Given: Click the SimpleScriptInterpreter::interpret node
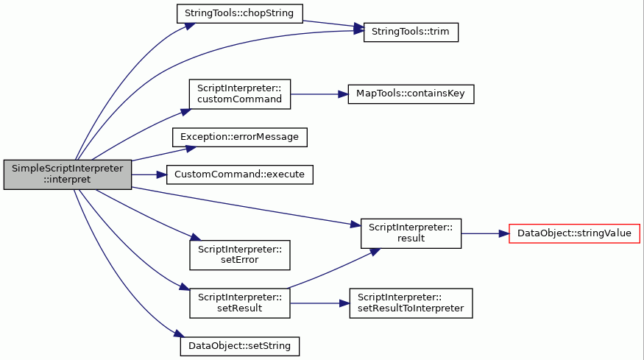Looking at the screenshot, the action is pos(68,174).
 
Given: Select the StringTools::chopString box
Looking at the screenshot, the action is pos(240,13).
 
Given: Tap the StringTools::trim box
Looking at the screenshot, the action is pos(411,32).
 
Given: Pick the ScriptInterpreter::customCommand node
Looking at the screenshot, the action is pos(240,94).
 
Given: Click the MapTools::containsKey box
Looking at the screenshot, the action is pos(411,94).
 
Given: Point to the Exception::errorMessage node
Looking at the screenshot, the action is pos(240,137).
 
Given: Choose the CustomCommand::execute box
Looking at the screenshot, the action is pos(240,174).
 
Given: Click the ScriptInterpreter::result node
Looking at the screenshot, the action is pos(411,233).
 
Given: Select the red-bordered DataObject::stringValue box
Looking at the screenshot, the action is pos(574,233).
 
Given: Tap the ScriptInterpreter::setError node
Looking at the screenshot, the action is pos(240,255).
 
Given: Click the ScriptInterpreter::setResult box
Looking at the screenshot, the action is pos(240,303).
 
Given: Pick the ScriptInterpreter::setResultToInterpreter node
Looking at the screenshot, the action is pos(411,303).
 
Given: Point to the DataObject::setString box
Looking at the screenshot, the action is pos(240,347).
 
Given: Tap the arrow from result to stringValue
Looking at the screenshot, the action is pos(485,233).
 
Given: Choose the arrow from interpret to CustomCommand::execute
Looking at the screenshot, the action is pos(149,174).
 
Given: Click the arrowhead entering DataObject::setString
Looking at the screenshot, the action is pos(178,333).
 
